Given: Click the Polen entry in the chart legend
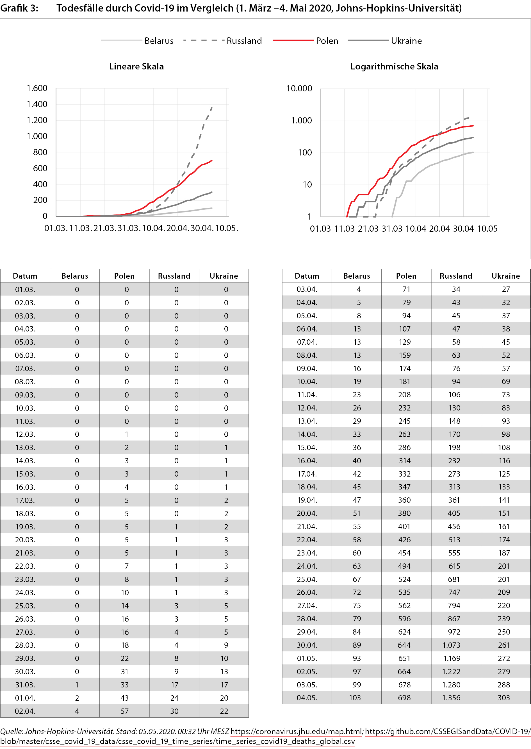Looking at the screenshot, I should [x=327, y=41].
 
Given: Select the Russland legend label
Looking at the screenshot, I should [x=244, y=41].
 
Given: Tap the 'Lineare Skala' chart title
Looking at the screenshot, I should [x=136, y=66].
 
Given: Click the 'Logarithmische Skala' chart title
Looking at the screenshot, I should [x=394, y=66].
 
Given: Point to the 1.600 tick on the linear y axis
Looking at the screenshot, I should [x=37, y=88].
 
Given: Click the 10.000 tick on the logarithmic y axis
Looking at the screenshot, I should [x=299, y=88].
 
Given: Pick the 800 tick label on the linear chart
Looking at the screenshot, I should [x=40, y=152].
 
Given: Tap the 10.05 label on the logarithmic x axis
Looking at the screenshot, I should [x=487, y=229].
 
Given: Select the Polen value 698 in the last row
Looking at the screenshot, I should [x=404, y=698].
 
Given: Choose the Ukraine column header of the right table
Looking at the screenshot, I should [x=505, y=276].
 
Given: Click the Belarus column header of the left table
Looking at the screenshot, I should [x=75, y=276].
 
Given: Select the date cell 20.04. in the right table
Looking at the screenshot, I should [x=307, y=513].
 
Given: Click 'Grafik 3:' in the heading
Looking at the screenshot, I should [x=19, y=8].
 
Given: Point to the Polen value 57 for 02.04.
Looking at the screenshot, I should [x=125, y=711].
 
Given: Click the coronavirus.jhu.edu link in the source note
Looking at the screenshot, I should [x=297, y=731].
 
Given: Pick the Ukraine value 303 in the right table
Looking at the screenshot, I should [x=503, y=698].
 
